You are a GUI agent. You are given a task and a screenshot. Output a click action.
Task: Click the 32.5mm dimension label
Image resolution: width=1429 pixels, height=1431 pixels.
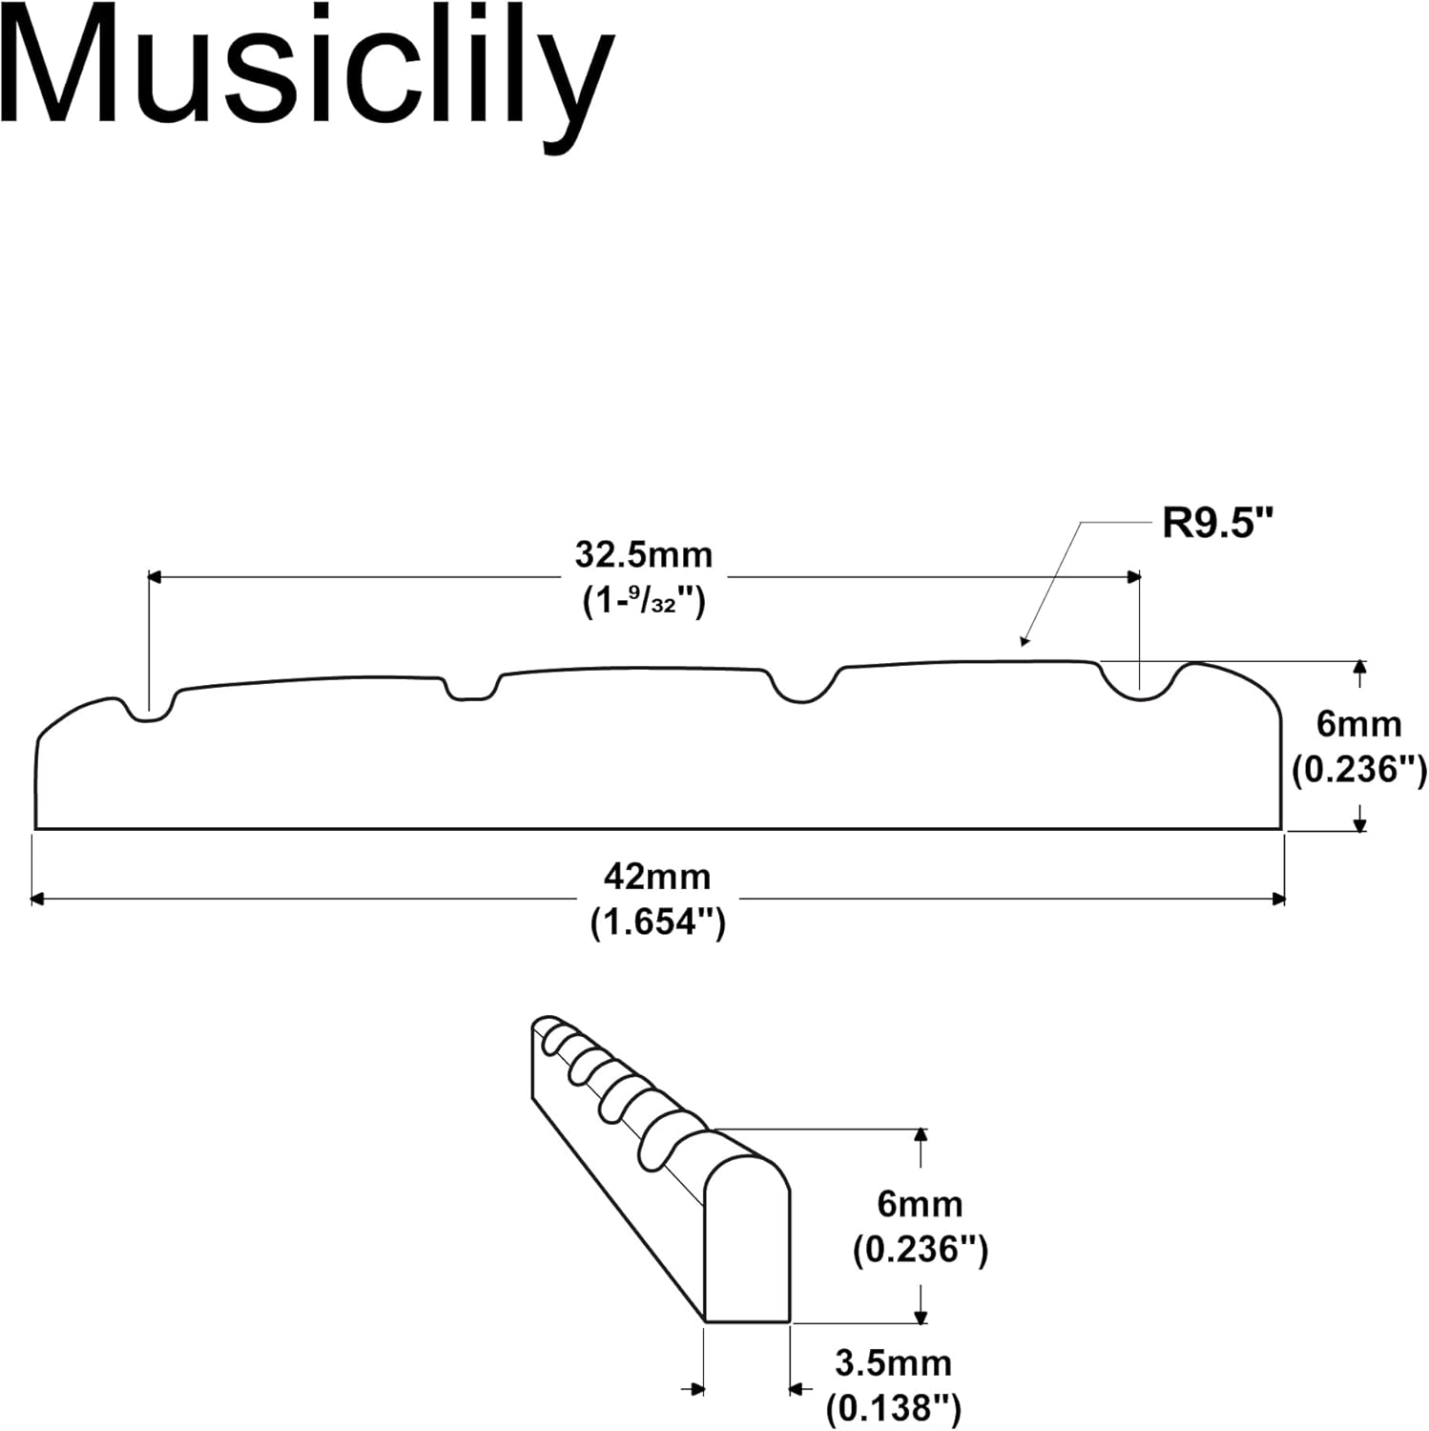click(x=644, y=554)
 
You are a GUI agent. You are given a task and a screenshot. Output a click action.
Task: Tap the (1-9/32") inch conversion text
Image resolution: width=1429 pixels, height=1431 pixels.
click(x=644, y=601)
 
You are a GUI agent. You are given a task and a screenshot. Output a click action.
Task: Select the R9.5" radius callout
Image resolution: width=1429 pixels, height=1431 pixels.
click(x=1218, y=524)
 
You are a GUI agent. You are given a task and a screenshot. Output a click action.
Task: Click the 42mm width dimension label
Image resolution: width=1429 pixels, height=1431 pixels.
click(x=657, y=877)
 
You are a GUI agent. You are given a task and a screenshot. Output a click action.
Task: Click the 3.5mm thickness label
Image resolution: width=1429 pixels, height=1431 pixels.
click(x=894, y=1363)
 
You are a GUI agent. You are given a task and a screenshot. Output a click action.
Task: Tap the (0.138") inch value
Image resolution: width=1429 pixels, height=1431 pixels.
click(x=894, y=1407)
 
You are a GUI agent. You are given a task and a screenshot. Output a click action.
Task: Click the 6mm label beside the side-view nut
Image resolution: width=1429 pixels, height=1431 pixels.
click(x=1358, y=724)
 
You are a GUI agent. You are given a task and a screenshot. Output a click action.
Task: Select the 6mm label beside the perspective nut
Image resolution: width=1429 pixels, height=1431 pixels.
click(x=920, y=1204)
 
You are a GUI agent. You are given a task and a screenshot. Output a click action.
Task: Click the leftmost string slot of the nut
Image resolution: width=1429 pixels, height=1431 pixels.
click(x=149, y=711)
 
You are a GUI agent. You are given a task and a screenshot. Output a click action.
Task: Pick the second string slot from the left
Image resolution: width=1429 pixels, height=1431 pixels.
click(x=472, y=691)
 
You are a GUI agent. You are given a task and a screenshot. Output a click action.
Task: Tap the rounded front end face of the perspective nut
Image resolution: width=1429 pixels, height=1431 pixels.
click(x=747, y=1240)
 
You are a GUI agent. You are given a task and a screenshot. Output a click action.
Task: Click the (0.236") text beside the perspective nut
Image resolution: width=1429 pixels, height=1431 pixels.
click(x=920, y=1249)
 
